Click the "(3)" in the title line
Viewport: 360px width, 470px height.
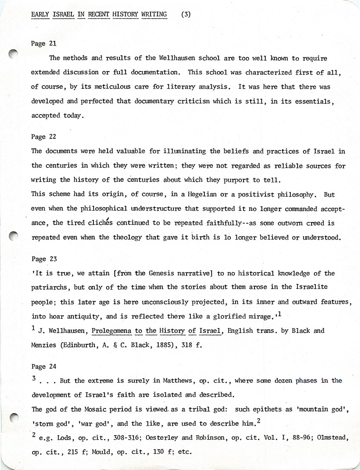point(186,14)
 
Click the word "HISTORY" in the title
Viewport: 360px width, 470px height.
point(126,14)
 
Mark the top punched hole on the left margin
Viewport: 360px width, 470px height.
point(14,54)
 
